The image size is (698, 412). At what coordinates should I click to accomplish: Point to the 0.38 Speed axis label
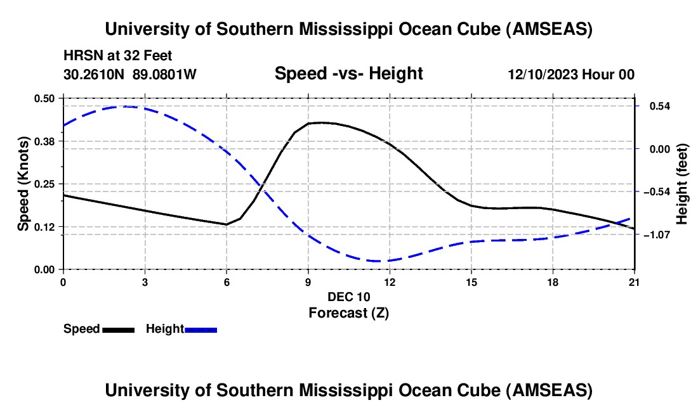pyautogui.click(x=45, y=141)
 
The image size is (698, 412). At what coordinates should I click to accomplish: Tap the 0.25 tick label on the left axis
pyautogui.click(x=45, y=184)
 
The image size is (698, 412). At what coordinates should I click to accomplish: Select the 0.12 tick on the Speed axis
pyautogui.click(x=45, y=226)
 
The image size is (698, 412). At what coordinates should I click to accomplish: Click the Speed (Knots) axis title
pyautogui.click(x=23, y=184)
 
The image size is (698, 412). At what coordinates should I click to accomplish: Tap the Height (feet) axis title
pyautogui.click(x=682, y=184)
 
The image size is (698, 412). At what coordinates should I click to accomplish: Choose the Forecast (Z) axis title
pyautogui.click(x=348, y=312)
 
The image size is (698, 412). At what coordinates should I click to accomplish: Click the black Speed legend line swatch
pyautogui.click(x=118, y=330)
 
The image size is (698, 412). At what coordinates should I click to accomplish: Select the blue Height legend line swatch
pyautogui.click(x=201, y=330)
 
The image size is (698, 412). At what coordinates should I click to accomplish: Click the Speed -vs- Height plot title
pyautogui.click(x=348, y=74)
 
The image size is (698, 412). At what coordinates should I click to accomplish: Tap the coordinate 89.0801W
pyautogui.click(x=164, y=74)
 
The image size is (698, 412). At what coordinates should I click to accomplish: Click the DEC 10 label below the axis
pyautogui.click(x=348, y=296)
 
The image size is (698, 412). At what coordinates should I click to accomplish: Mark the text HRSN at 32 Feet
pyautogui.click(x=118, y=56)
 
